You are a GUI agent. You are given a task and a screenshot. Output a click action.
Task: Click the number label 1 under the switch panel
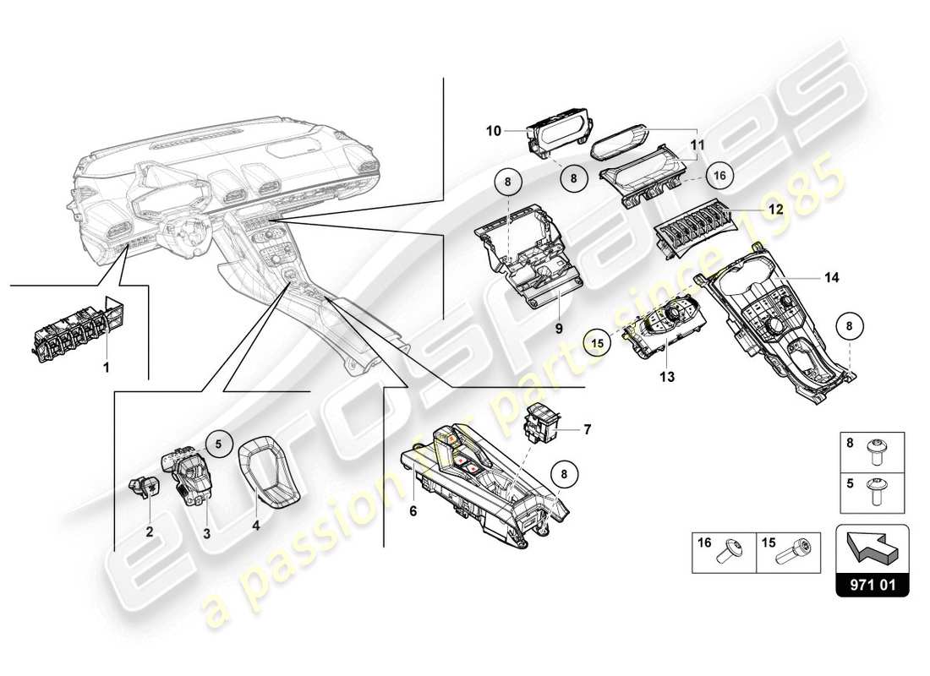pyautogui.click(x=107, y=367)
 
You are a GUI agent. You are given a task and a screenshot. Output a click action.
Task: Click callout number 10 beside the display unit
pyautogui.click(x=494, y=131)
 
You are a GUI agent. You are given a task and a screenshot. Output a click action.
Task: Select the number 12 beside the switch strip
pyautogui.click(x=774, y=208)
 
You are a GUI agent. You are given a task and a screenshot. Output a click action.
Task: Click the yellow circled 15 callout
pyautogui.click(x=599, y=342)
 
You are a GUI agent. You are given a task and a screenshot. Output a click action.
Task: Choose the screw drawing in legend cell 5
pyautogui.click(x=874, y=491)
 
